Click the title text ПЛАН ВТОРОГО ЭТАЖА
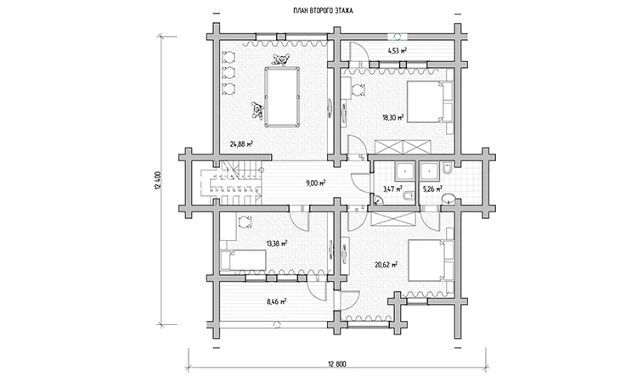click(x=322, y=11)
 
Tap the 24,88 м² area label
click(x=241, y=143)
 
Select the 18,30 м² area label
click(x=393, y=117)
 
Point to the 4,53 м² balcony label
click(x=397, y=51)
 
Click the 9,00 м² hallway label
click(x=315, y=183)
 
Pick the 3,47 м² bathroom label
click(x=392, y=189)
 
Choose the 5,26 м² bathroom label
click(x=432, y=189)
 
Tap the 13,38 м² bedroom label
click(x=276, y=244)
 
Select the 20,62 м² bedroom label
click(x=386, y=265)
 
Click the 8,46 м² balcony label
click(x=276, y=301)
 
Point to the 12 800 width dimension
click(x=337, y=363)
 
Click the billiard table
click(x=282, y=97)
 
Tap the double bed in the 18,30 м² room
click(x=429, y=102)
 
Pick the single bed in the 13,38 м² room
click(x=243, y=260)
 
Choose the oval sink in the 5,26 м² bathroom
click(x=448, y=199)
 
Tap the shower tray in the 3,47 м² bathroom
click(x=406, y=171)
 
